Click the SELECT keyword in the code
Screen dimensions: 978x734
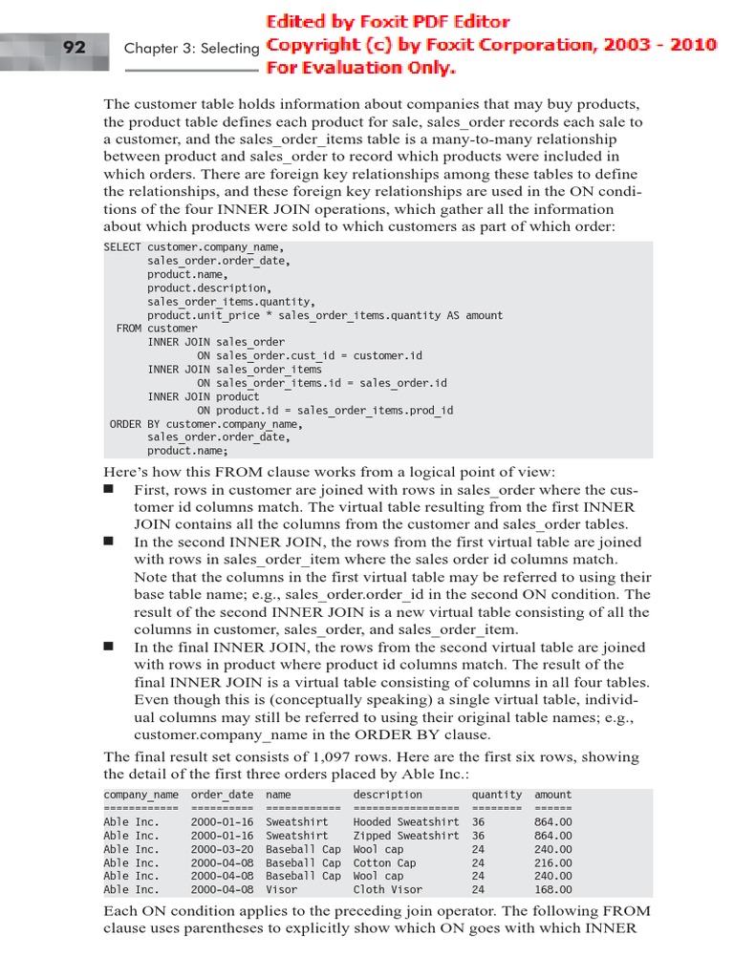click(122, 246)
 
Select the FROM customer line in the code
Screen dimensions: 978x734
click(157, 329)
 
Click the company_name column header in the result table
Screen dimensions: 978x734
click(140, 795)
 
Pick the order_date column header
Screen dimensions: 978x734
click(222, 795)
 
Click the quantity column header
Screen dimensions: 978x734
click(497, 795)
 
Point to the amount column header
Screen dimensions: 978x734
click(553, 795)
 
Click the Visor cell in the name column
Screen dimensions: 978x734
click(281, 889)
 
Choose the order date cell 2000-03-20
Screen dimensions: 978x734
click(222, 849)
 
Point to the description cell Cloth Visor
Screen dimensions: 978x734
click(387, 889)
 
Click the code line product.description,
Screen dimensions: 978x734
click(209, 287)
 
